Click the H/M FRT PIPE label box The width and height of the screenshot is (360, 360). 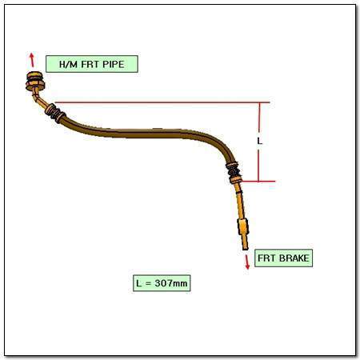tap(92, 64)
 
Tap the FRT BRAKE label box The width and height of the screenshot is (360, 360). tap(283, 258)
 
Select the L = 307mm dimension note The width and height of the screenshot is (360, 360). tap(162, 283)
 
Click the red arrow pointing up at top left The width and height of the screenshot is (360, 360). tap(32, 60)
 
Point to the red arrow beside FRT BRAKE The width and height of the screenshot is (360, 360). tap(247, 262)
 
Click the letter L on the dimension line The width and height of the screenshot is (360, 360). tap(259, 141)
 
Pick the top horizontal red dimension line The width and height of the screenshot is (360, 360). tap(162, 102)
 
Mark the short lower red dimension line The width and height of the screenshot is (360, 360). tap(258, 182)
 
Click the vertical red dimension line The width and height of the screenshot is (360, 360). tap(258, 142)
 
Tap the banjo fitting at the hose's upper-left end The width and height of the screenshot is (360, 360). tap(35, 82)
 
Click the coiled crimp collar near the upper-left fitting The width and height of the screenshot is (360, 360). tap(55, 113)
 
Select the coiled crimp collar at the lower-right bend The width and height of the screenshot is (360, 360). tap(234, 172)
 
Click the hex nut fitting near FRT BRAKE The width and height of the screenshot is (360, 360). tap(242, 226)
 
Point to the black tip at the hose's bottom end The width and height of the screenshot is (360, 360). tap(246, 249)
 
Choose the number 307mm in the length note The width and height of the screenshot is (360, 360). tap(171, 283)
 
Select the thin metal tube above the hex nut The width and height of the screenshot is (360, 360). tap(239, 202)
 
